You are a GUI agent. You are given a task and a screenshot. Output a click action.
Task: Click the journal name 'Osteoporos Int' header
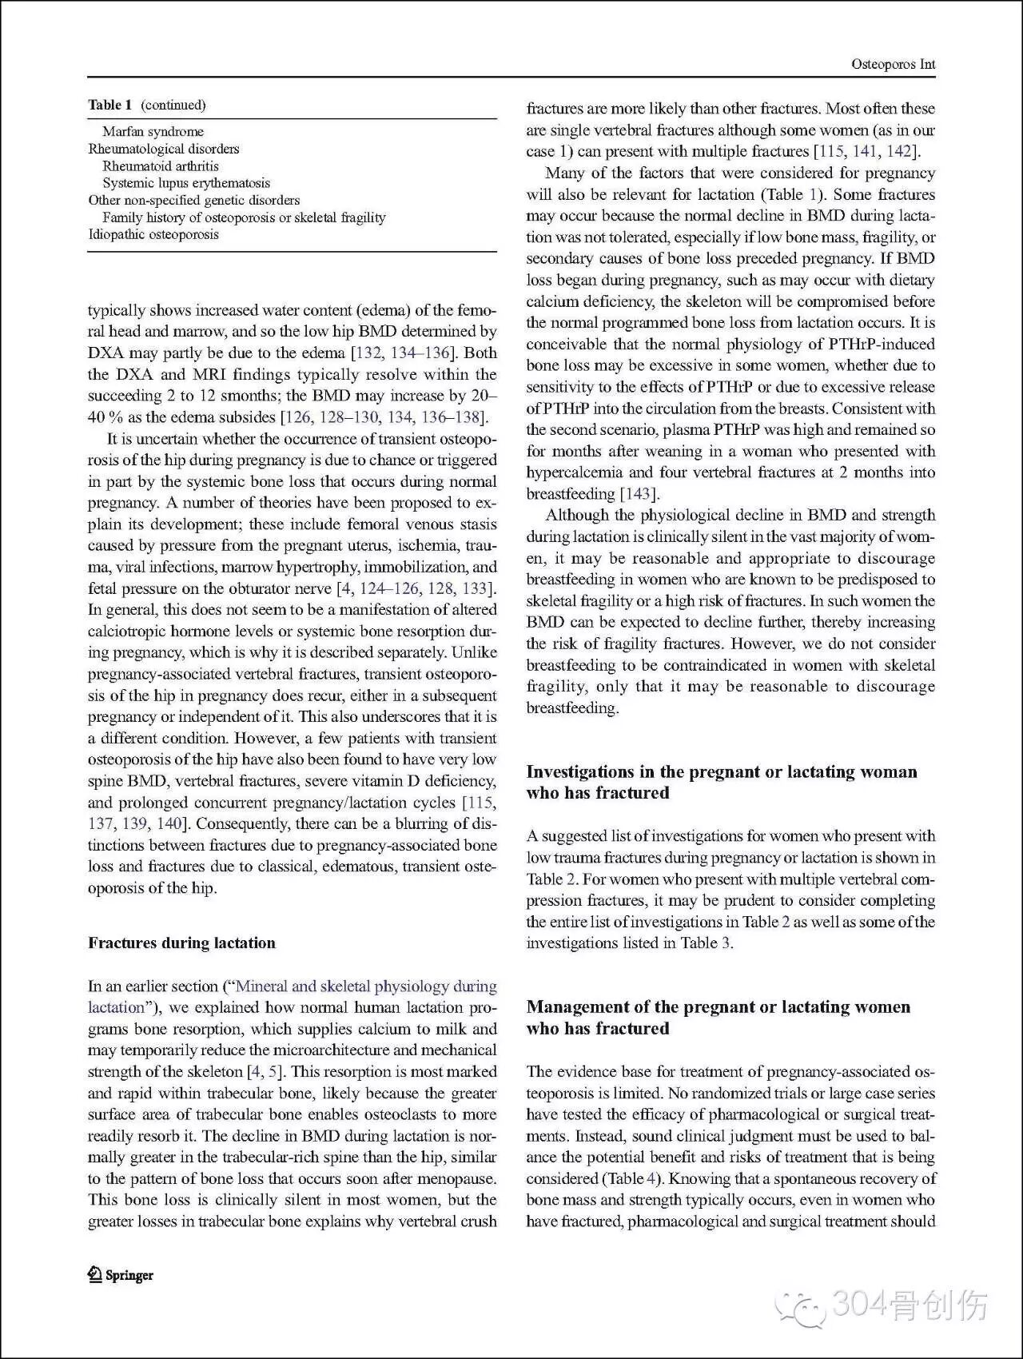point(893,65)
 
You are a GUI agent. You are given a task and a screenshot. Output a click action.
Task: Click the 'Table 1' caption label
point(110,105)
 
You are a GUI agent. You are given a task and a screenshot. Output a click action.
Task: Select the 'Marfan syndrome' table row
point(153,131)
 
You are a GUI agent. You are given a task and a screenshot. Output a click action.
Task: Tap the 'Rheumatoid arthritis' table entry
point(160,165)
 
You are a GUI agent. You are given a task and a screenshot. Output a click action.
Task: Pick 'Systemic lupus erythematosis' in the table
point(186,183)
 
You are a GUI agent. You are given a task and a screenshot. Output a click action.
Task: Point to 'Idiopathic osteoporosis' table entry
point(153,234)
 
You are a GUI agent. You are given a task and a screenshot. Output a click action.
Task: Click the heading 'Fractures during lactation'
point(181,943)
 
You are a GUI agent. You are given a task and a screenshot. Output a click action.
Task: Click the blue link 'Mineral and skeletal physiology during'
point(366,986)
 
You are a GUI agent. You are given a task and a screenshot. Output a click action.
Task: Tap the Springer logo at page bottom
point(121,1275)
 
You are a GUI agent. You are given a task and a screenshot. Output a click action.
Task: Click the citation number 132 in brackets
point(368,353)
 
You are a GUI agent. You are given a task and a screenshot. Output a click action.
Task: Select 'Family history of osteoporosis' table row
point(244,217)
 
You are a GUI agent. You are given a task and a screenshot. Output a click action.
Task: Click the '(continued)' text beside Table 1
point(173,105)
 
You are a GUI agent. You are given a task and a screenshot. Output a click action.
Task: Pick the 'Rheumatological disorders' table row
point(164,149)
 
